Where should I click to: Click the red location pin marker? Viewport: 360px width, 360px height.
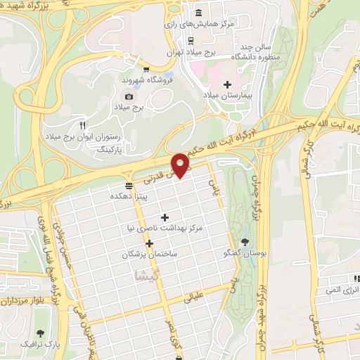pos(181,165)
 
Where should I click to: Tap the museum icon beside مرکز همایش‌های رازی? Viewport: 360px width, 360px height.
pos(198,14)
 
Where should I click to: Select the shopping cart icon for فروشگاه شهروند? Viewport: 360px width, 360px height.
pos(146,69)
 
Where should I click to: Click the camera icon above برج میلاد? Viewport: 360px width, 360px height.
pos(128,96)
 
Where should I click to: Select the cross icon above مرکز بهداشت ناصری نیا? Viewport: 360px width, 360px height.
pos(165,217)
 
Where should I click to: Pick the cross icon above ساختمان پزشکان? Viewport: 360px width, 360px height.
pos(150,243)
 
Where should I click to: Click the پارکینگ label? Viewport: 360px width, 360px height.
pos(108,150)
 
